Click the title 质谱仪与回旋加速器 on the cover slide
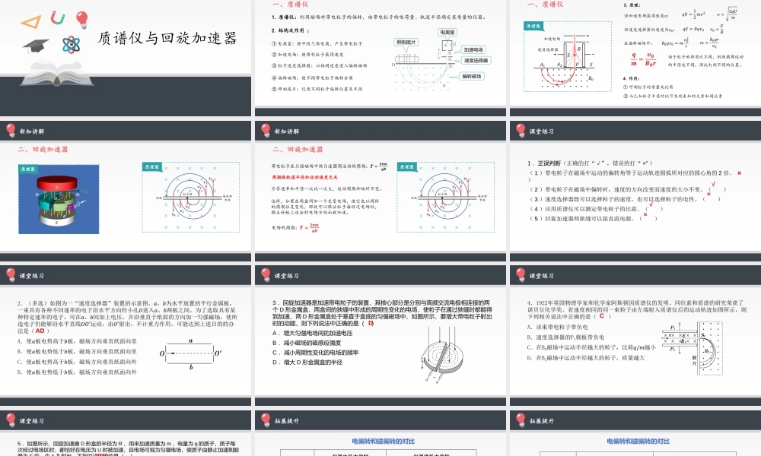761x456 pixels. click(167, 38)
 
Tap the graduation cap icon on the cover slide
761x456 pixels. click(35, 47)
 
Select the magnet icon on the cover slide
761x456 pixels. click(56, 17)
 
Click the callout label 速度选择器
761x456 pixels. click(476, 60)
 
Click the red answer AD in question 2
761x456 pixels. click(43, 331)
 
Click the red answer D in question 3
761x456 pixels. click(371, 323)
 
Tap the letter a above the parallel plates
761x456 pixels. click(189, 341)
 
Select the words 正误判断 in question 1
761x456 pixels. click(550, 163)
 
